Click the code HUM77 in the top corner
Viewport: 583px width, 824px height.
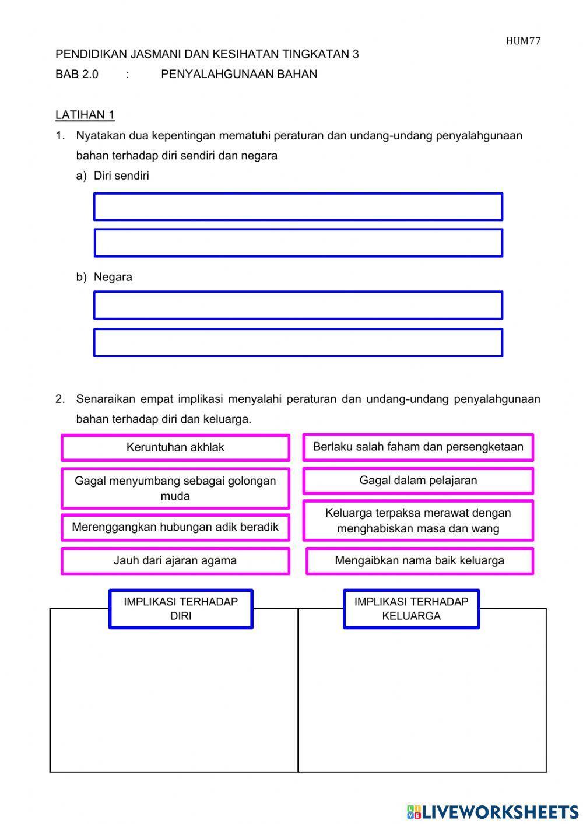pos(523,41)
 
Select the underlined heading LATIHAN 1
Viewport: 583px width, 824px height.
pos(85,115)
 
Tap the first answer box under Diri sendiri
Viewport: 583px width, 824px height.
pos(298,207)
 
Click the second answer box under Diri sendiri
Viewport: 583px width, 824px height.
pos(298,243)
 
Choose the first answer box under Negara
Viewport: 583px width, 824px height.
pos(298,306)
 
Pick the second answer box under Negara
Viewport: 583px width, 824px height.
pos(298,343)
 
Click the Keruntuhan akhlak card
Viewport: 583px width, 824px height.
pos(175,448)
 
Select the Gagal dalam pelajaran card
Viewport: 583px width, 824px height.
pos(418,481)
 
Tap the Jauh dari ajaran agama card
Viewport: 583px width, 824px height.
pos(175,561)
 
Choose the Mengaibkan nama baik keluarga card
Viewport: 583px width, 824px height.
pos(419,561)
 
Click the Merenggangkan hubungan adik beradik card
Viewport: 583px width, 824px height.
pos(175,527)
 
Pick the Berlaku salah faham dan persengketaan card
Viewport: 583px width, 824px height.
pos(418,447)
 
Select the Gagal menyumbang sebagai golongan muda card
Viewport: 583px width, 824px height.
pos(175,488)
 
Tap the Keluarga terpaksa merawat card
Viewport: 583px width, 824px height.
pos(418,520)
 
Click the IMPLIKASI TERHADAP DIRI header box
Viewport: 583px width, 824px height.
pos(181,609)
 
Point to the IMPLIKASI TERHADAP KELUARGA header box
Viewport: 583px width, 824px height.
pos(411,609)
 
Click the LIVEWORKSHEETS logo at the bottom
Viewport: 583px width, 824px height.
pos(493,811)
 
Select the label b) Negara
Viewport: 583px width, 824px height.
pos(104,277)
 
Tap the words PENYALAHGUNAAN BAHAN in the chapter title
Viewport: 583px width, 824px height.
pos(239,74)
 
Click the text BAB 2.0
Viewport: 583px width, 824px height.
pos(77,74)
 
